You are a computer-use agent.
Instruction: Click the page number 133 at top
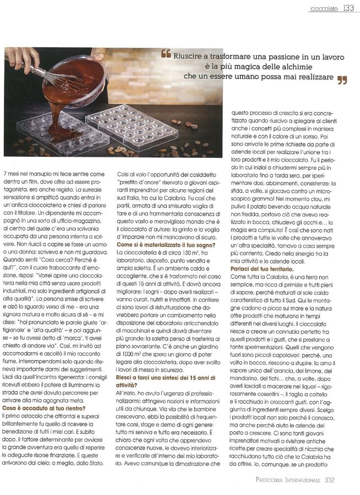click(348, 8)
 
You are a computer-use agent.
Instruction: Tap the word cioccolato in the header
click(324, 8)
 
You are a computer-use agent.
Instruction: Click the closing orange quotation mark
click(342, 80)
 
